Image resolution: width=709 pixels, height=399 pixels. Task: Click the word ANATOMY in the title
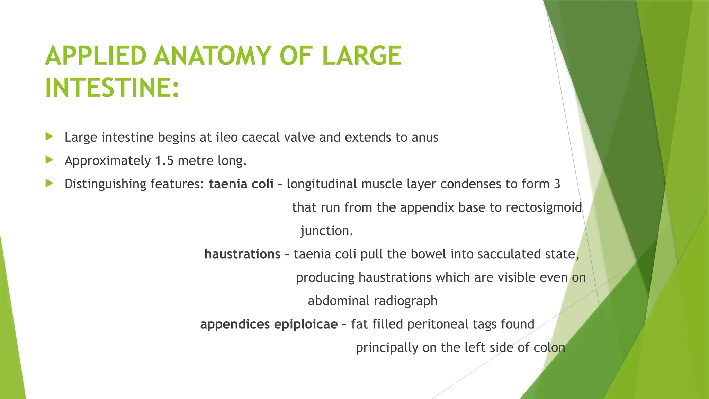pos(212,56)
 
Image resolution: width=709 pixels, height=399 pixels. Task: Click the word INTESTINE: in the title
pos(112,88)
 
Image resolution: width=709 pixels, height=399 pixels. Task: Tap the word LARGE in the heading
pos(361,56)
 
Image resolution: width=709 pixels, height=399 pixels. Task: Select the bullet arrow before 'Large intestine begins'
pos(49,136)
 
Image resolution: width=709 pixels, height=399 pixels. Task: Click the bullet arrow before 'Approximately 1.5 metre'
pos(49,160)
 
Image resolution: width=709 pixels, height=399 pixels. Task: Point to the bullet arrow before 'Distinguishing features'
pos(49,183)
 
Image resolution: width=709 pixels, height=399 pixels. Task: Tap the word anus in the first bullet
pos(425,138)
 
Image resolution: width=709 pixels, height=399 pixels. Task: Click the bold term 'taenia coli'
pos(241,184)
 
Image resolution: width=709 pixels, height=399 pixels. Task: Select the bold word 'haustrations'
pos(242,254)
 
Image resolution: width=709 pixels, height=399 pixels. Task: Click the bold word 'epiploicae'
pos(306,325)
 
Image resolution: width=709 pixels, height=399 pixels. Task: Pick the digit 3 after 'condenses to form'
pos(557,184)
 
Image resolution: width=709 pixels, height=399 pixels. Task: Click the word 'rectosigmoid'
pos(544,207)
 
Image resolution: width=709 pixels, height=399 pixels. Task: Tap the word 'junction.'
pos(326,231)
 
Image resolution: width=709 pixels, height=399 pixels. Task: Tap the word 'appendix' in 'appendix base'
pos(427,208)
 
